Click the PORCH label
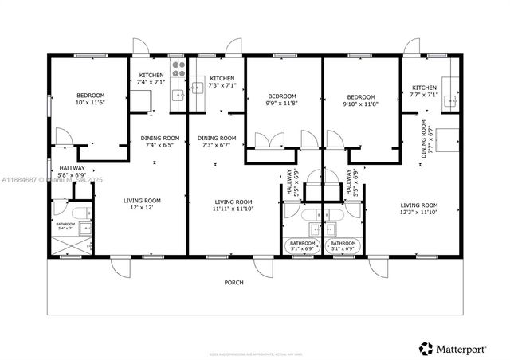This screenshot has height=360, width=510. (233, 283)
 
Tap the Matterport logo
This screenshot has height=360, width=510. (454, 347)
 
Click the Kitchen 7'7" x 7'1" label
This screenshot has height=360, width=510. (424, 91)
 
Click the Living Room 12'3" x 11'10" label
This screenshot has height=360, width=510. (418, 209)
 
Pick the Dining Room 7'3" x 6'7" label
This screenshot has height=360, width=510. (217, 141)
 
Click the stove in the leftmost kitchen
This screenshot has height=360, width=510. (178, 68)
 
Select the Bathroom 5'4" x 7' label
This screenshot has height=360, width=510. (65, 227)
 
